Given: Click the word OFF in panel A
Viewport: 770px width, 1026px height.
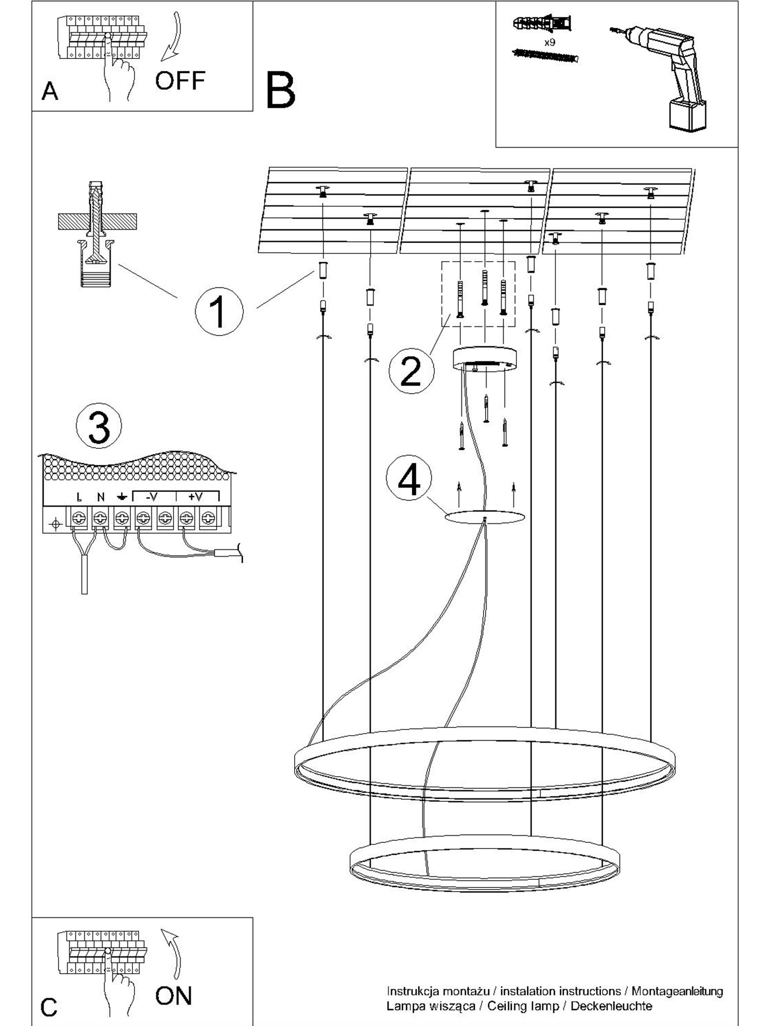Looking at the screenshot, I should (x=180, y=81).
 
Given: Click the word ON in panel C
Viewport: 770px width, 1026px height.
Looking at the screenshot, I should (x=174, y=996).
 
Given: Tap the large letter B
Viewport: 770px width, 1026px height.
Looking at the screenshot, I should (x=280, y=90).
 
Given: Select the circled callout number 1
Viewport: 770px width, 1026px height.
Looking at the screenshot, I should (x=219, y=311).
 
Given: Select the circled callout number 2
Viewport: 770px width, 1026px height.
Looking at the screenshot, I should (x=411, y=371).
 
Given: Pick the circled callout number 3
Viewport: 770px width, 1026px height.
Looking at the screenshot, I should (x=99, y=426).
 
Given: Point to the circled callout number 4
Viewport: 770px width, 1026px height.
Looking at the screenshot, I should (x=409, y=478).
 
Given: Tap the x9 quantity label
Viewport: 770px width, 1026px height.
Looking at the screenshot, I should (x=549, y=43).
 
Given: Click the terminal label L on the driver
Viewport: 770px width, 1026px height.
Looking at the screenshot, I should (x=79, y=497).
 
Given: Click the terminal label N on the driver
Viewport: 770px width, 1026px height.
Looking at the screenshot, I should (x=101, y=497).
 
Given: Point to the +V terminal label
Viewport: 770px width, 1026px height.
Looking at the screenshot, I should (x=196, y=496).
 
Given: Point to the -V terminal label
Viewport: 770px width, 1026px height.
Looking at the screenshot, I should (x=151, y=496).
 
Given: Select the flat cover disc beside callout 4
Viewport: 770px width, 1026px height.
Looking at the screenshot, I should (x=485, y=517).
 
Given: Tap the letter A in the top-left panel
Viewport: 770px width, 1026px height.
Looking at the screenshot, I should (x=50, y=91).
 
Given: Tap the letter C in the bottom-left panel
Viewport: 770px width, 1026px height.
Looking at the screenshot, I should (x=49, y=1007).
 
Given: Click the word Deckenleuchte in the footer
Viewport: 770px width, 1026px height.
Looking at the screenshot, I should (x=611, y=1006).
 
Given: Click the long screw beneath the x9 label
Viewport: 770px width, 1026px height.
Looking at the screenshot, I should (x=545, y=55).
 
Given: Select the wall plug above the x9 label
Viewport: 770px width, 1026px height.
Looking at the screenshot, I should (x=543, y=24).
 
